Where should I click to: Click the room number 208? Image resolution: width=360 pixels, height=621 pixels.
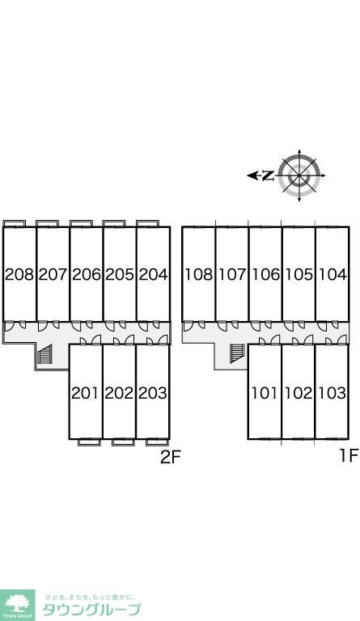pyautogui.click(x=19, y=274)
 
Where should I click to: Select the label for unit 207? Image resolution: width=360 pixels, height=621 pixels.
pyautogui.click(x=53, y=274)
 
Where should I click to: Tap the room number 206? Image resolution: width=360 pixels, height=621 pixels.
pyautogui.click(x=87, y=274)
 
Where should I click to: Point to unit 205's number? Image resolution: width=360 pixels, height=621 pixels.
pyautogui.click(x=120, y=274)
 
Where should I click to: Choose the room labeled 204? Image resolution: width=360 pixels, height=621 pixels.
pyautogui.click(x=153, y=274)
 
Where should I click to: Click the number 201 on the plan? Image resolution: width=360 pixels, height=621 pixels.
pyautogui.click(x=85, y=393)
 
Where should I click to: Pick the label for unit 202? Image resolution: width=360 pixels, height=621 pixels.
pyautogui.click(x=119, y=393)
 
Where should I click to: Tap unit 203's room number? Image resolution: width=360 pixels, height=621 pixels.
pyautogui.click(x=153, y=393)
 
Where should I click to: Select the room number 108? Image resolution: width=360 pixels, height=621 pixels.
pyautogui.click(x=199, y=274)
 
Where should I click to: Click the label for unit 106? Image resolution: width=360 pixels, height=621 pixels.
pyautogui.click(x=265, y=274)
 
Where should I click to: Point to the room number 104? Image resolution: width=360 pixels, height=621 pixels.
pyautogui.click(x=332, y=274)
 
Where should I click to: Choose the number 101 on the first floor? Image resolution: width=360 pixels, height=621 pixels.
pyautogui.click(x=265, y=393)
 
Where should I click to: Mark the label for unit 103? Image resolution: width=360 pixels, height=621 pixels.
pyautogui.click(x=332, y=393)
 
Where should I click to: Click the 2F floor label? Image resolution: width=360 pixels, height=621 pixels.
pyautogui.click(x=171, y=458)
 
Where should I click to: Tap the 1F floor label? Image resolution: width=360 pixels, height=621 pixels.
pyautogui.click(x=349, y=455)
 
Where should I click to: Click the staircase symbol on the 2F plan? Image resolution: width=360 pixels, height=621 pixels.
pyautogui.click(x=44, y=353)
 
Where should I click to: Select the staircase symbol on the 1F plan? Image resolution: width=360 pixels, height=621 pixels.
pyautogui.click(x=236, y=353)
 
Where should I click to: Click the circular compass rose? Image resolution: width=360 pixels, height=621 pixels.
pyautogui.click(x=299, y=175)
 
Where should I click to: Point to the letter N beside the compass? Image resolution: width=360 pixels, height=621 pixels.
pyautogui.click(x=268, y=175)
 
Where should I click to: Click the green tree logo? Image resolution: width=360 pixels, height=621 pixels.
pyautogui.click(x=17, y=604)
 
